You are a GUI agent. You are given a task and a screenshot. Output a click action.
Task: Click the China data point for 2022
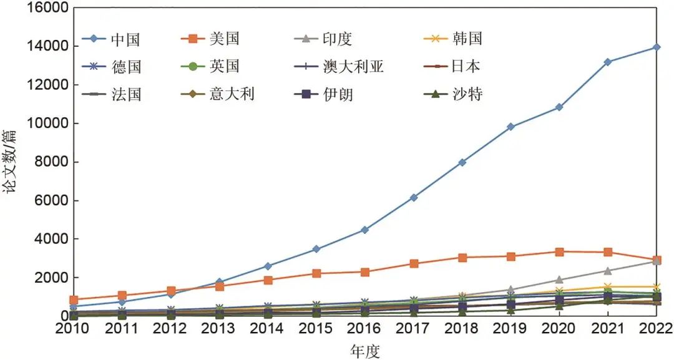pyautogui.click(x=656, y=47)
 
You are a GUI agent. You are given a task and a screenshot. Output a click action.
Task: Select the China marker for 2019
pyautogui.click(x=510, y=127)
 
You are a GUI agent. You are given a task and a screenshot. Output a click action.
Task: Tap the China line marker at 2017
pyautogui.click(x=413, y=197)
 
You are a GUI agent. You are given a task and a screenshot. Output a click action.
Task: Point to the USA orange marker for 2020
pyautogui.click(x=559, y=251)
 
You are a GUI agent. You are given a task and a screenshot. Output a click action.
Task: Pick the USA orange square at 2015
pyautogui.click(x=316, y=273)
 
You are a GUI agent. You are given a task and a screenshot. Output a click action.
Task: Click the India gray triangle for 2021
pyautogui.click(x=607, y=271)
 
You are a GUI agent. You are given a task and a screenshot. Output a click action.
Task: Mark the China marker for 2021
pyautogui.click(x=607, y=62)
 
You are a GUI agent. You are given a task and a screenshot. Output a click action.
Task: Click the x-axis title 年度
pyautogui.click(x=364, y=351)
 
